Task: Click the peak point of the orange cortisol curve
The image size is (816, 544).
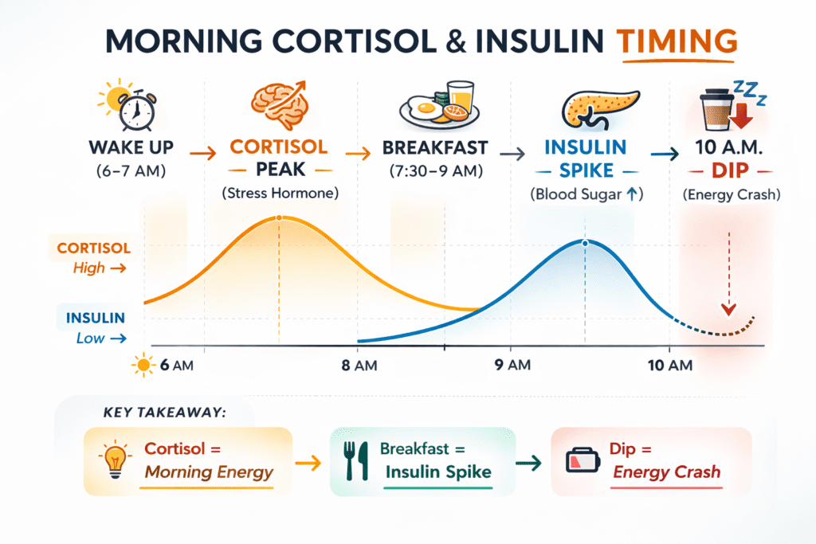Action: (279, 217)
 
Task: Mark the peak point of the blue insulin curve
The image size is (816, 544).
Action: (585, 242)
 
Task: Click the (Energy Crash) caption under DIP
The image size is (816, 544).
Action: (731, 194)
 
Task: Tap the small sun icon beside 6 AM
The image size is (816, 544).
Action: (144, 366)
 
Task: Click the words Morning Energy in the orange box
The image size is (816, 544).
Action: (209, 472)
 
